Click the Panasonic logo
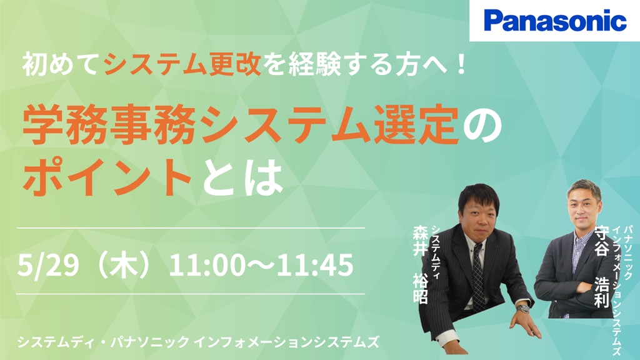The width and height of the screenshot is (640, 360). tap(555, 21)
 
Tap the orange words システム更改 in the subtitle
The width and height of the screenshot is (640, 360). tap(182, 65)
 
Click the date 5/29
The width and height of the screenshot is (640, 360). tap(48, 265)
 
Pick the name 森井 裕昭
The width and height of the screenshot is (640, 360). tap(421, 264)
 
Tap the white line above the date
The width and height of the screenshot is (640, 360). tap(191, 227)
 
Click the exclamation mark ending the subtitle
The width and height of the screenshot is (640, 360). tap(462, 65)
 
